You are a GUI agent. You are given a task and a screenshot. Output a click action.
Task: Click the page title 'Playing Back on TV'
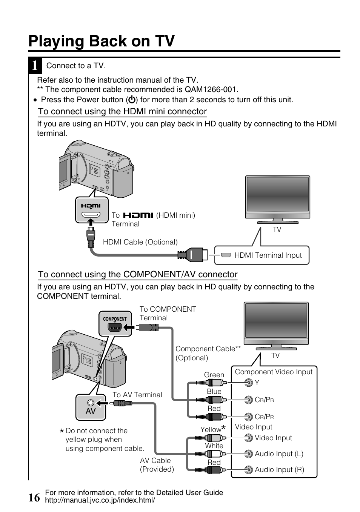pos(102,41)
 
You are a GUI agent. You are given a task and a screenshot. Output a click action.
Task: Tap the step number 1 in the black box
pos(35,66)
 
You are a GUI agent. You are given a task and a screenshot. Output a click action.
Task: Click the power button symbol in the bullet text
pos(132,100)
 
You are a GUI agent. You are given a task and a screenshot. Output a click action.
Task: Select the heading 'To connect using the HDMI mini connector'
pos(122,112)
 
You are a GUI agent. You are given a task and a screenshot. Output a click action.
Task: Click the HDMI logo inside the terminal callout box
pos(91,206)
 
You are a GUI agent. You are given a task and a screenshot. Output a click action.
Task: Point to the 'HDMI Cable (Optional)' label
pos(140,242)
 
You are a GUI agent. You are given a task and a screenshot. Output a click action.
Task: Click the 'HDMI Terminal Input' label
pos(268,255)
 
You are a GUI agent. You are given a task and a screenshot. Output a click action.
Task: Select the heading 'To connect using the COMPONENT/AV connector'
pos(138,275)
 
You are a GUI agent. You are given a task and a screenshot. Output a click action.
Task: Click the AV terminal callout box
pos(91,407)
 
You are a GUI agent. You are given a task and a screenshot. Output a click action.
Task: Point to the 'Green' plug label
pos(214,375)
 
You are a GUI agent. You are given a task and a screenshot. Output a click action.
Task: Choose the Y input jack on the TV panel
pos(248,383)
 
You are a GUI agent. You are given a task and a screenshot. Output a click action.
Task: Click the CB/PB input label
pos(264,400)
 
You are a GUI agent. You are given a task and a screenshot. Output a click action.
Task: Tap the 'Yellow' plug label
pos(211,430)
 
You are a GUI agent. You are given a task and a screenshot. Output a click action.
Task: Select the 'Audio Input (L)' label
pos(279,454)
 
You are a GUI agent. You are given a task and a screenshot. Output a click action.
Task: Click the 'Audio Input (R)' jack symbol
pos(248,470)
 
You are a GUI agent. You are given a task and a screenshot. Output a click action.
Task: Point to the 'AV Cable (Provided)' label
pos(157,465)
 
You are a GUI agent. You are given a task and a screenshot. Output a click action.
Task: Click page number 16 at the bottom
pos(34,498)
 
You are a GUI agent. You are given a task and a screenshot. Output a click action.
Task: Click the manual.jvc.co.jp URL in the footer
pos(100,501)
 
